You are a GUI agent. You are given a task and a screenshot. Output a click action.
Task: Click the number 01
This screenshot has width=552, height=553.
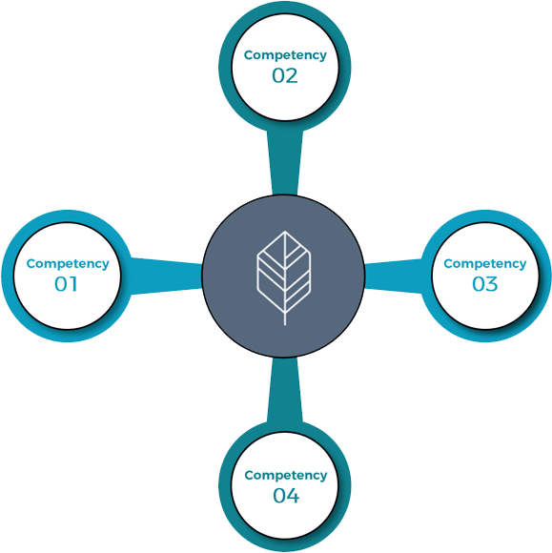pos(66,284)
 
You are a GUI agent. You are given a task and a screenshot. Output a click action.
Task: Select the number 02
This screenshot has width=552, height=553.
pos(285,75)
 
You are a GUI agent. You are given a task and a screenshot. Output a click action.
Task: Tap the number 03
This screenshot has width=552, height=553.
pos(485,284)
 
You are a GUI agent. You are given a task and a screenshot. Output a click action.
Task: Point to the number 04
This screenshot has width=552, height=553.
pos(286,496)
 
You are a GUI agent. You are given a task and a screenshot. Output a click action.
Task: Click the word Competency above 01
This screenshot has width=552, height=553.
pos(68,264)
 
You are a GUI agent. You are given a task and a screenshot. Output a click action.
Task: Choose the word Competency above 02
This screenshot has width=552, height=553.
pos(285,55)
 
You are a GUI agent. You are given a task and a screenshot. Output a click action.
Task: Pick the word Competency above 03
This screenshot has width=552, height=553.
pos(485,264)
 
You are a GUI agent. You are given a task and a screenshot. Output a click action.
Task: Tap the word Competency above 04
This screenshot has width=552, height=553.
pos(286,476)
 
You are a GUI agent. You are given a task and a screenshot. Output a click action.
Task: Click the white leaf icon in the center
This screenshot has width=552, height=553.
pos(284,277)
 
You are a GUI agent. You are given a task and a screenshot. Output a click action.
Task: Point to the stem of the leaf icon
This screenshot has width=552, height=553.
pos(285,318)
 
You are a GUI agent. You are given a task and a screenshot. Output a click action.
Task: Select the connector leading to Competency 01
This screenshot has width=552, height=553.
pos(166,276)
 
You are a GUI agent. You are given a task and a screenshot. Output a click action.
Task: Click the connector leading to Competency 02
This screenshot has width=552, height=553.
pos(285,162)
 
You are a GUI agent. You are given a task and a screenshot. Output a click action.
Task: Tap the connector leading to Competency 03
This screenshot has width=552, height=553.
pos(394,276)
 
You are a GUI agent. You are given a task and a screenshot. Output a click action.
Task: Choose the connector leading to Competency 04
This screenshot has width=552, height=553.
pos(285,390)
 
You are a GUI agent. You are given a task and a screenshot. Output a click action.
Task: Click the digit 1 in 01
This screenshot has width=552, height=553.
pos(73,284)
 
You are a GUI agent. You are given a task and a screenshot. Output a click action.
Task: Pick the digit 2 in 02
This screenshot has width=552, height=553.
pos(292,75)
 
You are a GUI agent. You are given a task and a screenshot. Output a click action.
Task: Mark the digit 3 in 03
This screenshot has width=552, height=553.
pos(492,284)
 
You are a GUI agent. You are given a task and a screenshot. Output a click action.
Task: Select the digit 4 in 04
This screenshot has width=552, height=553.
pos(293,496)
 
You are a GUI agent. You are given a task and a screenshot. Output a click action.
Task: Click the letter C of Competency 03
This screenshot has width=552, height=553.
pos(449,263)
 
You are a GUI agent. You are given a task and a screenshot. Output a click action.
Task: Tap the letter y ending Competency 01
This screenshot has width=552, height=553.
pos(106,265)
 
